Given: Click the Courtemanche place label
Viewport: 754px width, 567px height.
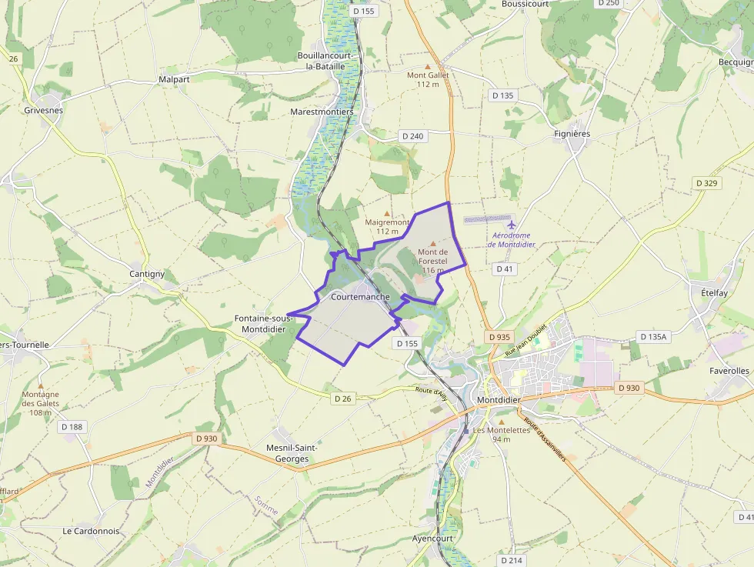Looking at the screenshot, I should click(x=360, y=297).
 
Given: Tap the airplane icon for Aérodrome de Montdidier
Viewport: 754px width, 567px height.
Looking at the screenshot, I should click(x=512, y=225).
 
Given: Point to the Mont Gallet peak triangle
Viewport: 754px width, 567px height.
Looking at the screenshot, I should click(x=428, y=66).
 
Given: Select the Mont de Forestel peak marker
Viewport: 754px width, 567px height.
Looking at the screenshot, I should click(x=432, y=243).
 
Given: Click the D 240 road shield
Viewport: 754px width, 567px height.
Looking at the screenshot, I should click(x=412, y=136).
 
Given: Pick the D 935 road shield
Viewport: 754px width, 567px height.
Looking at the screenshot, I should click(x=499, y=337).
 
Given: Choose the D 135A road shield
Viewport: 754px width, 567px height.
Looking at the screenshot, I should click(x=654, y=337).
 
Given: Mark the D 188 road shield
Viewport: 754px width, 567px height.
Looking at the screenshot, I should click(x=71, y=427).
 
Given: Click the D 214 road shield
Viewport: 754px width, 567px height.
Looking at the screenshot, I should click(x=512, y=560).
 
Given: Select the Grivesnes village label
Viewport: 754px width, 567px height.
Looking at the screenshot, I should click(x=43, y=110).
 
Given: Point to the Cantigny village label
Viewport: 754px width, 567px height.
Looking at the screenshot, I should click(x=147, y=274).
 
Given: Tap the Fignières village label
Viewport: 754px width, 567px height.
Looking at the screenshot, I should click(x=572, y=134).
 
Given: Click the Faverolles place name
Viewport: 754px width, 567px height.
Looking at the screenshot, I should click(x=729, y=371).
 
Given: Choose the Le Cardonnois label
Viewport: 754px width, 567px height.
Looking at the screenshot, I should click(x=91, y=531).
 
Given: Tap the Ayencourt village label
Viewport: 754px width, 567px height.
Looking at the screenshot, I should click(x=433, y=539).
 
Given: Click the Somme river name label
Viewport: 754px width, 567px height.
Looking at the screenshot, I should click(x=266, y=505).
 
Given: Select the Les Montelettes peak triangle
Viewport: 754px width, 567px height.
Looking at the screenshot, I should click(x=502, y=422).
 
